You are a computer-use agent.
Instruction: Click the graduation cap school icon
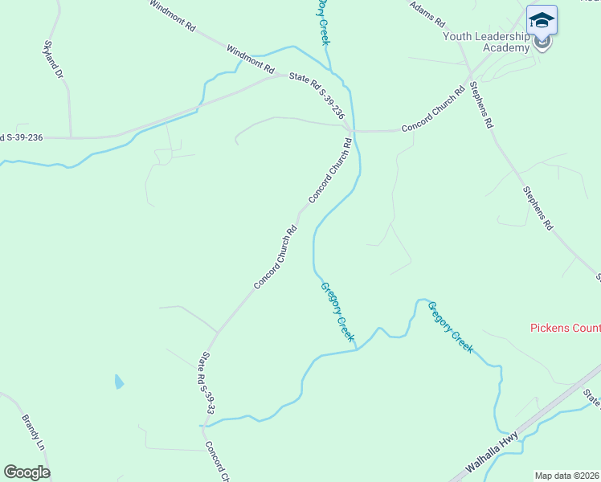(x=542, y=20)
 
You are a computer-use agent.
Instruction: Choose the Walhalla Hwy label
(x=490, y=459)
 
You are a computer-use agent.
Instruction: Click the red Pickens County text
(x=566, y=328)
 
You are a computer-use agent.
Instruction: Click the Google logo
(x=27, y=472)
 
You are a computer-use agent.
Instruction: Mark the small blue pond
(x=120, y=382)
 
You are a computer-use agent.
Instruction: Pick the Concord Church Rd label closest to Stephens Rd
(x=433, y=109)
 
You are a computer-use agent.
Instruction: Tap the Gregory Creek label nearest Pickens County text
(x=451, y=328)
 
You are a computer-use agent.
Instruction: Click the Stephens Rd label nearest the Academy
(x=480, y=104)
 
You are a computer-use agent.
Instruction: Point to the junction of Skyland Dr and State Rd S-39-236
(x=71, y=137)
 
